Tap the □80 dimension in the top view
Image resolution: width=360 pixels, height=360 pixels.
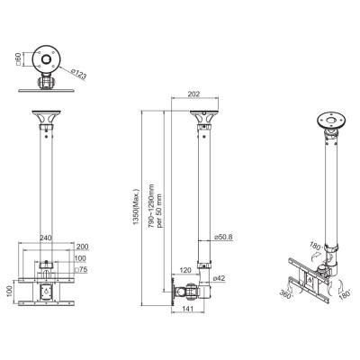point(15,60)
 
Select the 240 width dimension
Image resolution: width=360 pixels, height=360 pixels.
point(44,238)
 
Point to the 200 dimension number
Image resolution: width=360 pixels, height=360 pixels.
point(83,247)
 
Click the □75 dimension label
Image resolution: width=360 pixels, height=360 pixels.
point(79,269)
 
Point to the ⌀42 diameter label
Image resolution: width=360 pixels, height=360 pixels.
point(220,278)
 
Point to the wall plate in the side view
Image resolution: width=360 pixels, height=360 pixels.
point(176,291)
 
